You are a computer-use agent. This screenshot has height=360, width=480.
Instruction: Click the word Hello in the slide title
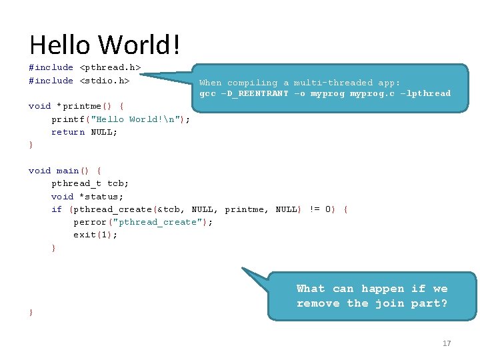pyautogui.click(x=61, y=45)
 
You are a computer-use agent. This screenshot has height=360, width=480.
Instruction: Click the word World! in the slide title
pyautogui.click(x=140, y=45)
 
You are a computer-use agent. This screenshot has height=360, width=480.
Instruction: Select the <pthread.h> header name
pyautogui.click(x=110, y=67)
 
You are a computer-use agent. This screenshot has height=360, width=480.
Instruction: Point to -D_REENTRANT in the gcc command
pyautogui.click(x=253, y=93)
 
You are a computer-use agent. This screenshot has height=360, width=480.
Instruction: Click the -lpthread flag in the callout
pyautogui.click(x=425, y=93)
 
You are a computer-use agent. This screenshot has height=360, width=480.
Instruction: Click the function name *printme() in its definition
pyautogui.click(x=85, y=106)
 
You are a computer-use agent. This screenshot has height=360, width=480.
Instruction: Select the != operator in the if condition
pyautogui.click(x=314, y=209)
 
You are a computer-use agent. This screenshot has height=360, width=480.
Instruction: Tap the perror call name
pyautogui.click(x=90, y=222)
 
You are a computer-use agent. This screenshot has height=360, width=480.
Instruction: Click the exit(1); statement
pyautogui.click(x=95, y=235)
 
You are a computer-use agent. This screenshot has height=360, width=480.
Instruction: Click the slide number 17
pyautogui.click(x=447, y=343)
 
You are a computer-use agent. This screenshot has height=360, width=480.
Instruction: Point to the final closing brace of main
pyautogui.click(x=31, y=313)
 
